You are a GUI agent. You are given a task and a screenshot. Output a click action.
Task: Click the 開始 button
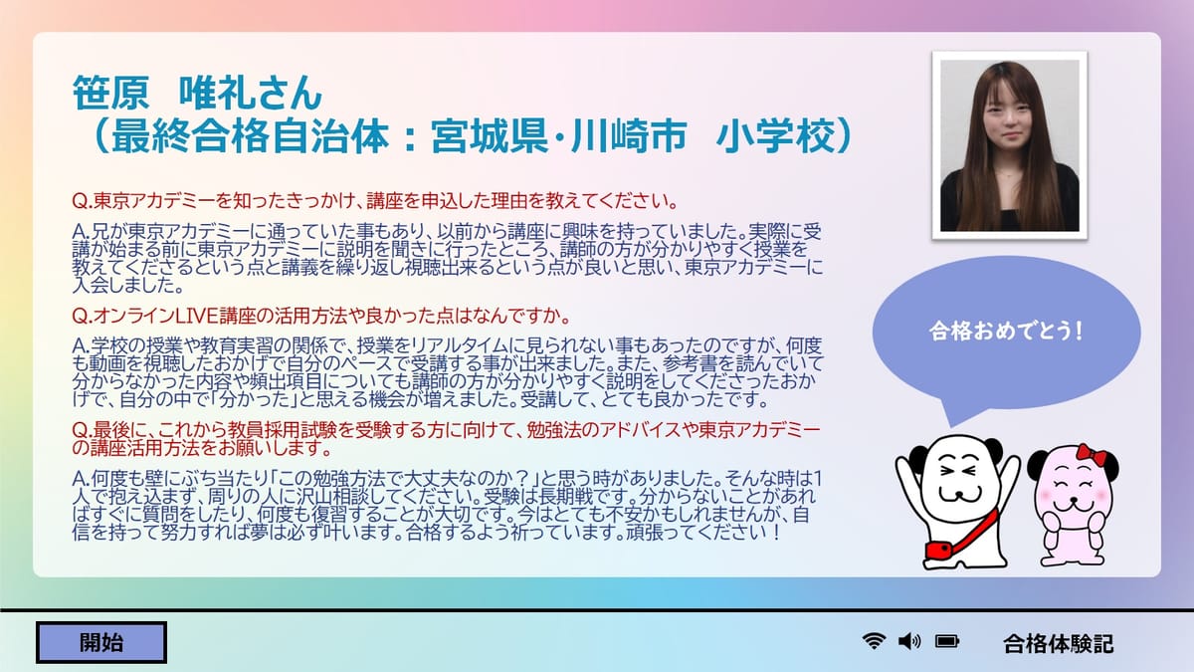(x=101, y=643)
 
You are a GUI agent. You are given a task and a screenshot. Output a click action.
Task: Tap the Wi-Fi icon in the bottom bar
(x=874, y=640)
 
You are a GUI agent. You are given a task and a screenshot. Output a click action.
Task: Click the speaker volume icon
(x=908, y=641)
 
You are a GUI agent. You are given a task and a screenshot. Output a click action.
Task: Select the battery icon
(x=947, y=641)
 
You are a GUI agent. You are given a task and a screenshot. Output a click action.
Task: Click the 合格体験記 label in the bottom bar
(x=1058, y=644)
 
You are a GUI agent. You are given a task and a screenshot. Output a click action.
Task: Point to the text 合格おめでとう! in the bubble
(x=1006, y=332)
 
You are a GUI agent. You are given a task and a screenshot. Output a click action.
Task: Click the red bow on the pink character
(x=1092, y=454)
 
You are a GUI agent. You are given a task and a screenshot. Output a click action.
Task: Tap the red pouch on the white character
(x=939, y=550)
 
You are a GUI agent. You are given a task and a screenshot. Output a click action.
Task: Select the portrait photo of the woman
(x=1010, y=145)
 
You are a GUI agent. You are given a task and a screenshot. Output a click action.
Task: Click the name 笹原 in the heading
(x=110, y=93)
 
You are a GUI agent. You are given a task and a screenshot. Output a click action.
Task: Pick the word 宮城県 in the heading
(x=490, y=136)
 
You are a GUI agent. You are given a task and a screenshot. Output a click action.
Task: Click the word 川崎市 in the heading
(x=629, y=136)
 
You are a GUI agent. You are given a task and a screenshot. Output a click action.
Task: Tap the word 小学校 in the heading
(x=775, y=136)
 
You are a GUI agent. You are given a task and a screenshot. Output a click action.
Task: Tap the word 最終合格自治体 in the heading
(x=250, y=136)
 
